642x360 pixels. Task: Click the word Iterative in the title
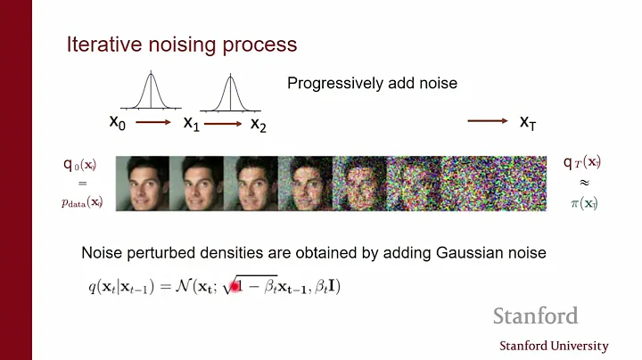(x=101, y=45)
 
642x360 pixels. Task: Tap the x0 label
(x=118, y=122)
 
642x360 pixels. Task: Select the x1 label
(x=192, y=123)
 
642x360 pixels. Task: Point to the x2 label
(x=259, y=123)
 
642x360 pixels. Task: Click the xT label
(x=528, y=122)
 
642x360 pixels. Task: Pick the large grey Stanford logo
(x=535, y=316)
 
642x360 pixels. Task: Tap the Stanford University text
(x=554, y=346)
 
